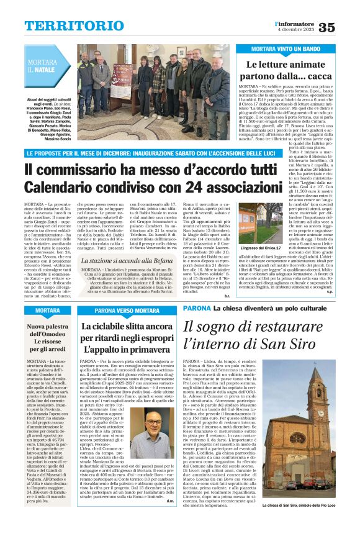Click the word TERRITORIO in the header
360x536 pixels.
(67, 25)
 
